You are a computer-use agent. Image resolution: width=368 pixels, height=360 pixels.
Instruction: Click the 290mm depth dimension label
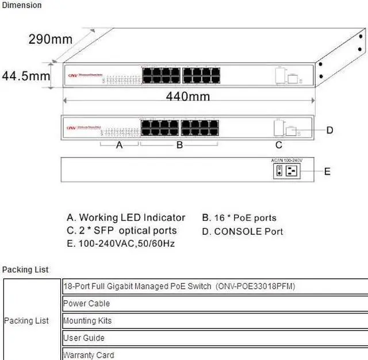(51, 39)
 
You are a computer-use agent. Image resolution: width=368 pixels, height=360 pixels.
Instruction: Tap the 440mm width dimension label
(187, 96)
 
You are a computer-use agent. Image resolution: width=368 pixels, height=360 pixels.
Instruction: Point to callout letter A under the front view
(120, 145)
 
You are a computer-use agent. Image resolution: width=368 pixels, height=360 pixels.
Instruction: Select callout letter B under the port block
(179, 145)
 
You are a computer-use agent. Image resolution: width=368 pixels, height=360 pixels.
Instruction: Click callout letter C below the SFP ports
(279, 145)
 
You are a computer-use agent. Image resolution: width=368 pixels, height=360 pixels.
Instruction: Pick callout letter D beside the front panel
(329, 131)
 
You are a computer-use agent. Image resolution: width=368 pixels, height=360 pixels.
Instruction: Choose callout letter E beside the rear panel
(327, 171)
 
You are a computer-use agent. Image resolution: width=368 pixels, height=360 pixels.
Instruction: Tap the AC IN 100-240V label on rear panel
(286, 160)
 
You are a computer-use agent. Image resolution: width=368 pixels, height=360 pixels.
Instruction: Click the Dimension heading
(22, 5)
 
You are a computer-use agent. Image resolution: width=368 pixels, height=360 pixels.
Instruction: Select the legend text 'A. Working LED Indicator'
(126, 217)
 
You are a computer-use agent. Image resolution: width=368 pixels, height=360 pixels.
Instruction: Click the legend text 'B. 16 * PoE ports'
(239, 218)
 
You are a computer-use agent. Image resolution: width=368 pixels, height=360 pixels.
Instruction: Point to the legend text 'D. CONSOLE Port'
(242, 232)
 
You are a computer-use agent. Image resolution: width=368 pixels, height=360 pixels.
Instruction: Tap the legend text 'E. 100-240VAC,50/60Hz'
(121, 243)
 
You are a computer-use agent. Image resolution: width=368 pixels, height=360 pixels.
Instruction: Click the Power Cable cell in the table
(86, 303)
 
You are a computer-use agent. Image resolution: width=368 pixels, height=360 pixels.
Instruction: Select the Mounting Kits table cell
(87, 320)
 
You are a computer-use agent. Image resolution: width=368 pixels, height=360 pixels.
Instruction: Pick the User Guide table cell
(84, 338)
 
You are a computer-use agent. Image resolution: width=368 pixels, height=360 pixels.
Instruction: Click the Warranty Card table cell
(89, 355)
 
